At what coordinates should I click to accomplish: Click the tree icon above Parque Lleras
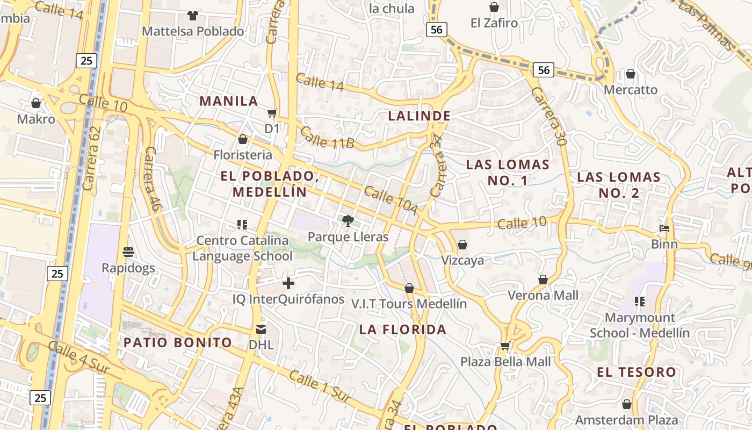348,220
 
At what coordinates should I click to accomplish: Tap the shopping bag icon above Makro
36,103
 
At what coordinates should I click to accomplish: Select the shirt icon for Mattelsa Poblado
192,15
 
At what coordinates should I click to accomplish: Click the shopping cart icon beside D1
272,113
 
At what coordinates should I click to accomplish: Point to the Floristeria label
243,155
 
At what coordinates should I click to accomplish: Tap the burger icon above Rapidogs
128,252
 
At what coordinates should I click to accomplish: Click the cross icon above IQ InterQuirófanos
288,283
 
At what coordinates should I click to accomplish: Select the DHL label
261,345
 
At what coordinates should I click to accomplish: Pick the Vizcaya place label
462,260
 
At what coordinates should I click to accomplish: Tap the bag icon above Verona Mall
543,279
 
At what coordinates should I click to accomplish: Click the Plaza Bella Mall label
505,361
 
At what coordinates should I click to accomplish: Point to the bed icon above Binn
664,228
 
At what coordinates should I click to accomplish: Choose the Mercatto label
631,89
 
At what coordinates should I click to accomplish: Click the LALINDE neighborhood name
420,116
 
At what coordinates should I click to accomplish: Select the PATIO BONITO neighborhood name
178,342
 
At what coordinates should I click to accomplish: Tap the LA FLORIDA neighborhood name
403,329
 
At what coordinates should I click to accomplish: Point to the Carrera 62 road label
92,159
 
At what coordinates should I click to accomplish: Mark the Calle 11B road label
327,138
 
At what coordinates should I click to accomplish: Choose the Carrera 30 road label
549,117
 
